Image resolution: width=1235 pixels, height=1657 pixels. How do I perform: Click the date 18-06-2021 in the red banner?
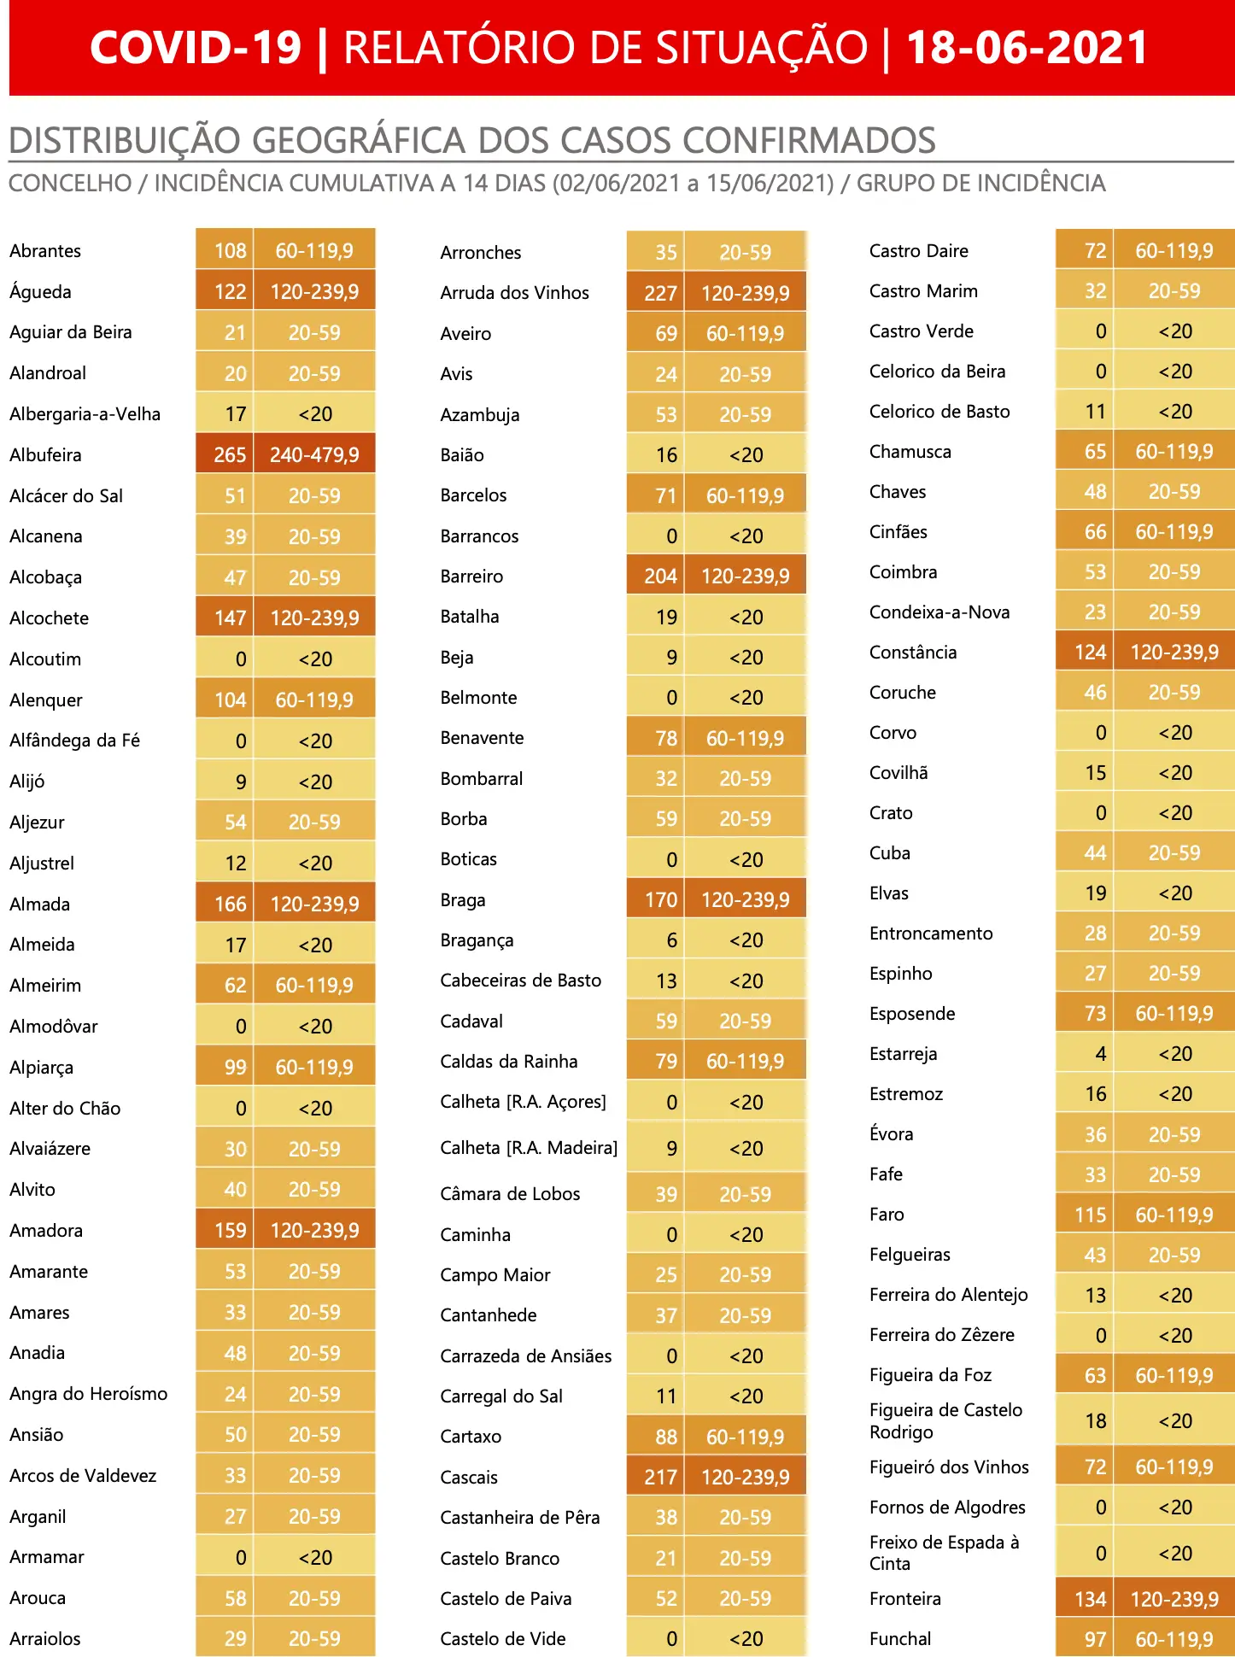[1027, 47]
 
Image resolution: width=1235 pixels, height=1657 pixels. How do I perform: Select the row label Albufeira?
[45, 454]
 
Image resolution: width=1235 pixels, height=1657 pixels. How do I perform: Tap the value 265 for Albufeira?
[230, 454]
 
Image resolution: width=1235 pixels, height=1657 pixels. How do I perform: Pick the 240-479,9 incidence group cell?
[314, 454]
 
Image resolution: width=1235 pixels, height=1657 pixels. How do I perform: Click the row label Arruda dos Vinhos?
[514, 293]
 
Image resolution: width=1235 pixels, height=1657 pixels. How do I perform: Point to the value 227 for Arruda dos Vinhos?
[660, 294]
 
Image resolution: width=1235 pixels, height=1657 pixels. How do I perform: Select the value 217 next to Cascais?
[660, 1478]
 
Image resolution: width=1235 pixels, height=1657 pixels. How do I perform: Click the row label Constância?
[913, 653]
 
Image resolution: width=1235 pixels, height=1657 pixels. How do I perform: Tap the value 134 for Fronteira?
[1090, 1599]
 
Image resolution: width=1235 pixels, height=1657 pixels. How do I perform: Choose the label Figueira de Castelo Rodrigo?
[945, 1421]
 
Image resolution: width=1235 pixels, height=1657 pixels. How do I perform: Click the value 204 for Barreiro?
[660, 577]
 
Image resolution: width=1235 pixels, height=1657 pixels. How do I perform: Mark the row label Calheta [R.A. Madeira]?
[529, 1148]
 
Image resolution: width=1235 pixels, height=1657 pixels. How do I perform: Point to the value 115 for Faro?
[1090, 1215]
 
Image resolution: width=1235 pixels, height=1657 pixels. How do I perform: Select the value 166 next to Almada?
[230, 904]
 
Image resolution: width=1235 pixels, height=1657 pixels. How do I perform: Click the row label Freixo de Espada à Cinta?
[944, 1553]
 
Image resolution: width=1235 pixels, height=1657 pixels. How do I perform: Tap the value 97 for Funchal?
[1095, 1639]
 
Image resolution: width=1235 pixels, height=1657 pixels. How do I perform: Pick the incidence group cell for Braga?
[746, 899]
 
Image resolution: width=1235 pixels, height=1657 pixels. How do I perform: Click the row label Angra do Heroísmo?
[88, 1394]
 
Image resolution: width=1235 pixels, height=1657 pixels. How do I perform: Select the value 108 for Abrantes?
[230, 251]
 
